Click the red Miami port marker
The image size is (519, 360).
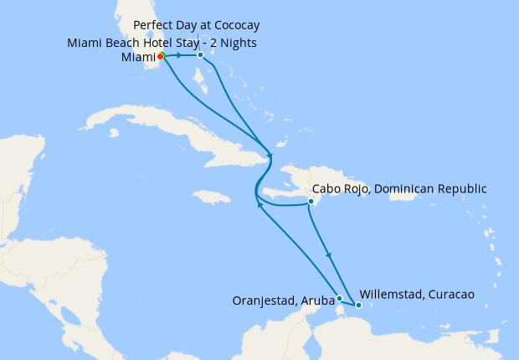tap(160, 56)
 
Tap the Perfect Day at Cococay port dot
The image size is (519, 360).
tap(201, 55)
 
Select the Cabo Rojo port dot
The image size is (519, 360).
tap(311, 202)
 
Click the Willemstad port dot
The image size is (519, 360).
tap(358, 305)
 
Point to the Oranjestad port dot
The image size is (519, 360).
tap(339, 298)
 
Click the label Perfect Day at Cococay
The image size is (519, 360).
tap(191, 26)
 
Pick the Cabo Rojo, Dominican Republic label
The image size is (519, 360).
tap(398, 188)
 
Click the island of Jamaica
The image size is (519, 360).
tap(211, 198)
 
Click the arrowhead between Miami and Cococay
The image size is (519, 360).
tap(179, 55)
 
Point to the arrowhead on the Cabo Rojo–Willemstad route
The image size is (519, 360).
tap(328, 255)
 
